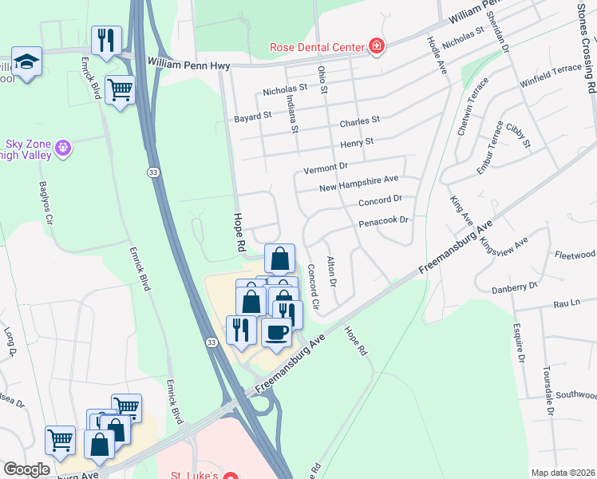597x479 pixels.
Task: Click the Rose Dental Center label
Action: [x=318, y=46]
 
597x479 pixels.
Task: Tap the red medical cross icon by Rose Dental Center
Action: [x=375, y=46]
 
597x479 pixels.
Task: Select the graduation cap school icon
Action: [x=26, y=61]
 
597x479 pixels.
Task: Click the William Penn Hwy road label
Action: [x=188, y=61]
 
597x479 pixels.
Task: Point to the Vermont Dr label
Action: [x=326, y=170]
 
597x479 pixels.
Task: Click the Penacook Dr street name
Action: [x=383, y=220]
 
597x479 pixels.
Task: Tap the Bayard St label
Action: [x=253, y=117]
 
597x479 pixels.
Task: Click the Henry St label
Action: [x=357, y=142]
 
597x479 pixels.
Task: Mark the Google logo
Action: [x=26, y=469]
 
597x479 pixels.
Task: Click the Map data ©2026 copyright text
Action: [x=563, y=473]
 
